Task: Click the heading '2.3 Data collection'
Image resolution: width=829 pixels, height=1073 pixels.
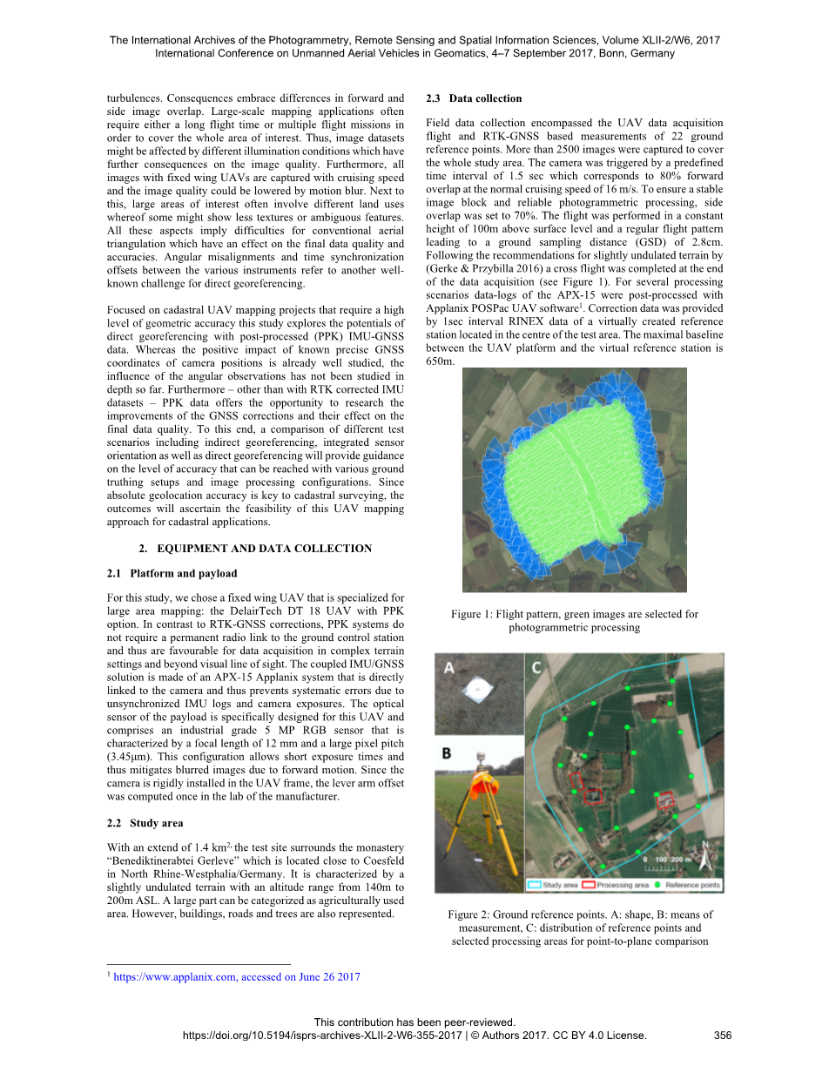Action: pos(474,98)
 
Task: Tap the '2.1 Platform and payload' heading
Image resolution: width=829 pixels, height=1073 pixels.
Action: pos(172,574)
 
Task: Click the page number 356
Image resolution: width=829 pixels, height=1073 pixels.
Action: pos(722,1036)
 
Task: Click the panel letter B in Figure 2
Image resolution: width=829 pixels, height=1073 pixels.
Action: pos(448,752)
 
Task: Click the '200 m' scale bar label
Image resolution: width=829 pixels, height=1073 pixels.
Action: pos(676,860)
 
